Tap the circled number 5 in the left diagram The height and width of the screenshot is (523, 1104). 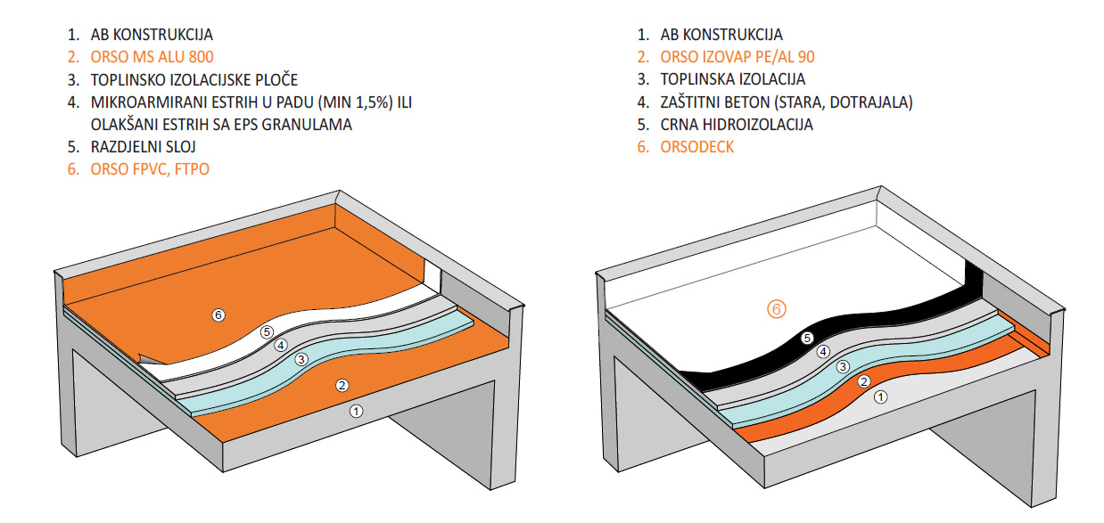[266, 331]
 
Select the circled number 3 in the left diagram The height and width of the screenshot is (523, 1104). [301, 359]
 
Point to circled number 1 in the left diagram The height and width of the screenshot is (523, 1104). [356, 411]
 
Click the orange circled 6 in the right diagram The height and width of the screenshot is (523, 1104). [777, 310]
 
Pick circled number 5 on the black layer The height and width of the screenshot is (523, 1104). [807, 338]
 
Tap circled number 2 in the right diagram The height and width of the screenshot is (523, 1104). [863, 381]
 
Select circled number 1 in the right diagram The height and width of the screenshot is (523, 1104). [880, 397]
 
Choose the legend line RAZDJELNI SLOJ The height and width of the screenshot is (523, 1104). [144, 146]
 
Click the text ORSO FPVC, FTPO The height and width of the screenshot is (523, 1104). [150, 168]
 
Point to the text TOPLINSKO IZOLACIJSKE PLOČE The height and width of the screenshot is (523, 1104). [194, 79]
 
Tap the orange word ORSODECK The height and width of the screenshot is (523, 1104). [696, 147]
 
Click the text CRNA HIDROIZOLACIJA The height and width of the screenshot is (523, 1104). [737, 125]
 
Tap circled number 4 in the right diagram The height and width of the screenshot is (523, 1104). [823, 351]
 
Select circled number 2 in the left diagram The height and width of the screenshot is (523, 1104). [341, 385]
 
